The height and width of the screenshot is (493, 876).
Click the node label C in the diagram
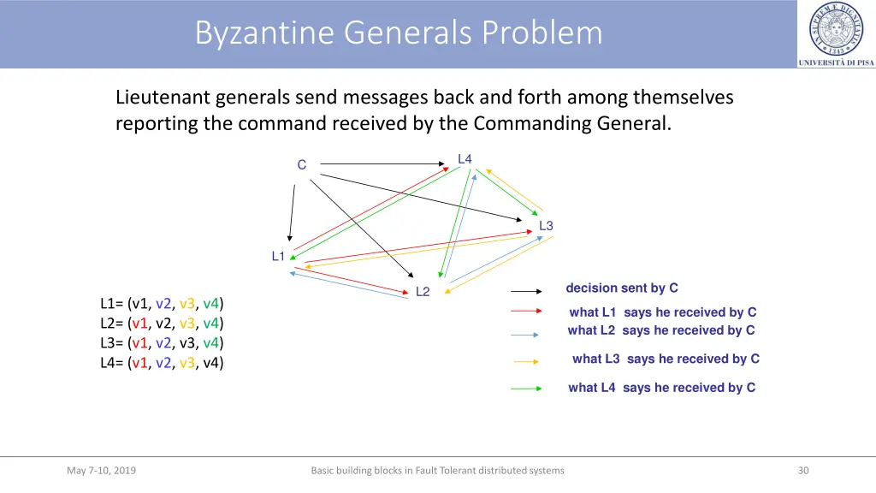click(301, 165)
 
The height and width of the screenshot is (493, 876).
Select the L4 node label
click(465, 159)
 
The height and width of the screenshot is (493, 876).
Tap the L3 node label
click(546, 226)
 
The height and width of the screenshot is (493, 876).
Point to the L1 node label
click(278, 256)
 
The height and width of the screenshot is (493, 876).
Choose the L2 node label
click(423, 292)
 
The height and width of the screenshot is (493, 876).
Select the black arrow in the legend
click(526, 292)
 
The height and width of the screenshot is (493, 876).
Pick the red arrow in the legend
click(526, 312)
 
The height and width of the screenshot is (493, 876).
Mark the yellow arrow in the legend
click(525, 362)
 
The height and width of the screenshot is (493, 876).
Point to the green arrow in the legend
click(526, 389)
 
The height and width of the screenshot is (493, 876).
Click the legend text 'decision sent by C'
click(622, 288)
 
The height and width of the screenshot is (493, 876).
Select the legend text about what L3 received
click(666, 359)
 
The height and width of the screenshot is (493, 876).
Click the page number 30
click(803, 470)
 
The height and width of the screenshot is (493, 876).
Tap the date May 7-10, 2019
click(101, 470)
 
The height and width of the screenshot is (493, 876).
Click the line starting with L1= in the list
click(163, 304)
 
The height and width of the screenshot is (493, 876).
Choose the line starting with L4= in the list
click(163, 362)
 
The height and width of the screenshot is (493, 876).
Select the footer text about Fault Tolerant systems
click(437, 470)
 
